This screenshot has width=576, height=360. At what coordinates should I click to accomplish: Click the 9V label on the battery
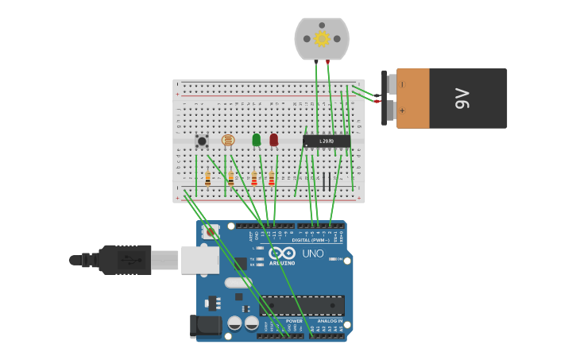coord(462,99)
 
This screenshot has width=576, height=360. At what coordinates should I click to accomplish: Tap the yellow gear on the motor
coord(322,39)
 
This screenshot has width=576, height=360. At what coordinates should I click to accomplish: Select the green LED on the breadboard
coord(256,140)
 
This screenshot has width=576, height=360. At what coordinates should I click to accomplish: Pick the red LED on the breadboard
coord(274,140)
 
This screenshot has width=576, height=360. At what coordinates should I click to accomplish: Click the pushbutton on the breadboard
coord(202,141)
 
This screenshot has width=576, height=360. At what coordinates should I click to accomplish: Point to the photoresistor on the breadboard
coord(228,141)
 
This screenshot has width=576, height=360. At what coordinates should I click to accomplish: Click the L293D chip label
coord(327,141)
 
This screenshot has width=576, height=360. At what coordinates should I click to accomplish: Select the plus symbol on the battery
coord(403,111)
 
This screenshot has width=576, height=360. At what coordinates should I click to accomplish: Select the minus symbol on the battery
coord(403,84)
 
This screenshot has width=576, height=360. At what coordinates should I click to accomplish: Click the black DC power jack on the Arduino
coord(205,326)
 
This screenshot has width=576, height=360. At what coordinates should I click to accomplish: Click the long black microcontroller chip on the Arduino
coord(303,305)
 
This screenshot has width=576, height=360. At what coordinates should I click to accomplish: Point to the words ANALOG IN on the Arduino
coord(329,321)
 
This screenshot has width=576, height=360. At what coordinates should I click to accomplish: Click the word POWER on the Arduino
coord(283,321)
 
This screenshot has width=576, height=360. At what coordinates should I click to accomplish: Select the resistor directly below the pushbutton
coord(207,179)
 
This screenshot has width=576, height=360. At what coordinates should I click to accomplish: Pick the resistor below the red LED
coord(272,179)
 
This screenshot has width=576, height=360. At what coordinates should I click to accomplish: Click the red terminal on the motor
coord(327,61)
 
